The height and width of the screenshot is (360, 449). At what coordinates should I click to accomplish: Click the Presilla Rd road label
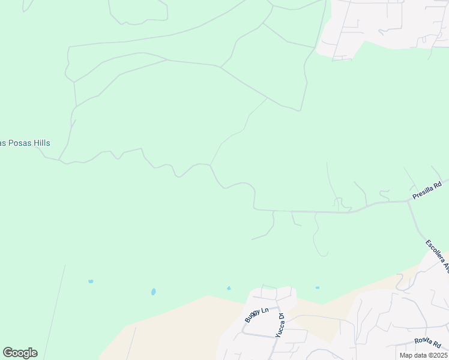pyautogui.click(x=427, y=190)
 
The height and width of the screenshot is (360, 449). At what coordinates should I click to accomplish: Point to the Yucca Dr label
pyautogui.click(x=279, y=325)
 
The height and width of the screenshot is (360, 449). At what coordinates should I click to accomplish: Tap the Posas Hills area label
pyautogui.click(x=25, y=143)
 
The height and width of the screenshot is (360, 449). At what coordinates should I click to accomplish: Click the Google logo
pyautogui.click(x=20, y=353)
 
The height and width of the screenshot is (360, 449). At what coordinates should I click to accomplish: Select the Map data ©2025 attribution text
pyautogui.click(x=423, y=355)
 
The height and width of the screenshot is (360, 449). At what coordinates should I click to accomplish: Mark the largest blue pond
pyautogui.click(x=154, y=292)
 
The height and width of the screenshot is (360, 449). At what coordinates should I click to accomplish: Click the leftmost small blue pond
pyautogui.click(x=91, y=281)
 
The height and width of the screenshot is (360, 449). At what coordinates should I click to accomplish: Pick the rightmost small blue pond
pyautogui.click(x=318, y=287)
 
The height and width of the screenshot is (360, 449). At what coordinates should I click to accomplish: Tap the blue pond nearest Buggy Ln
pyautogui.click(x=229, y=288)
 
